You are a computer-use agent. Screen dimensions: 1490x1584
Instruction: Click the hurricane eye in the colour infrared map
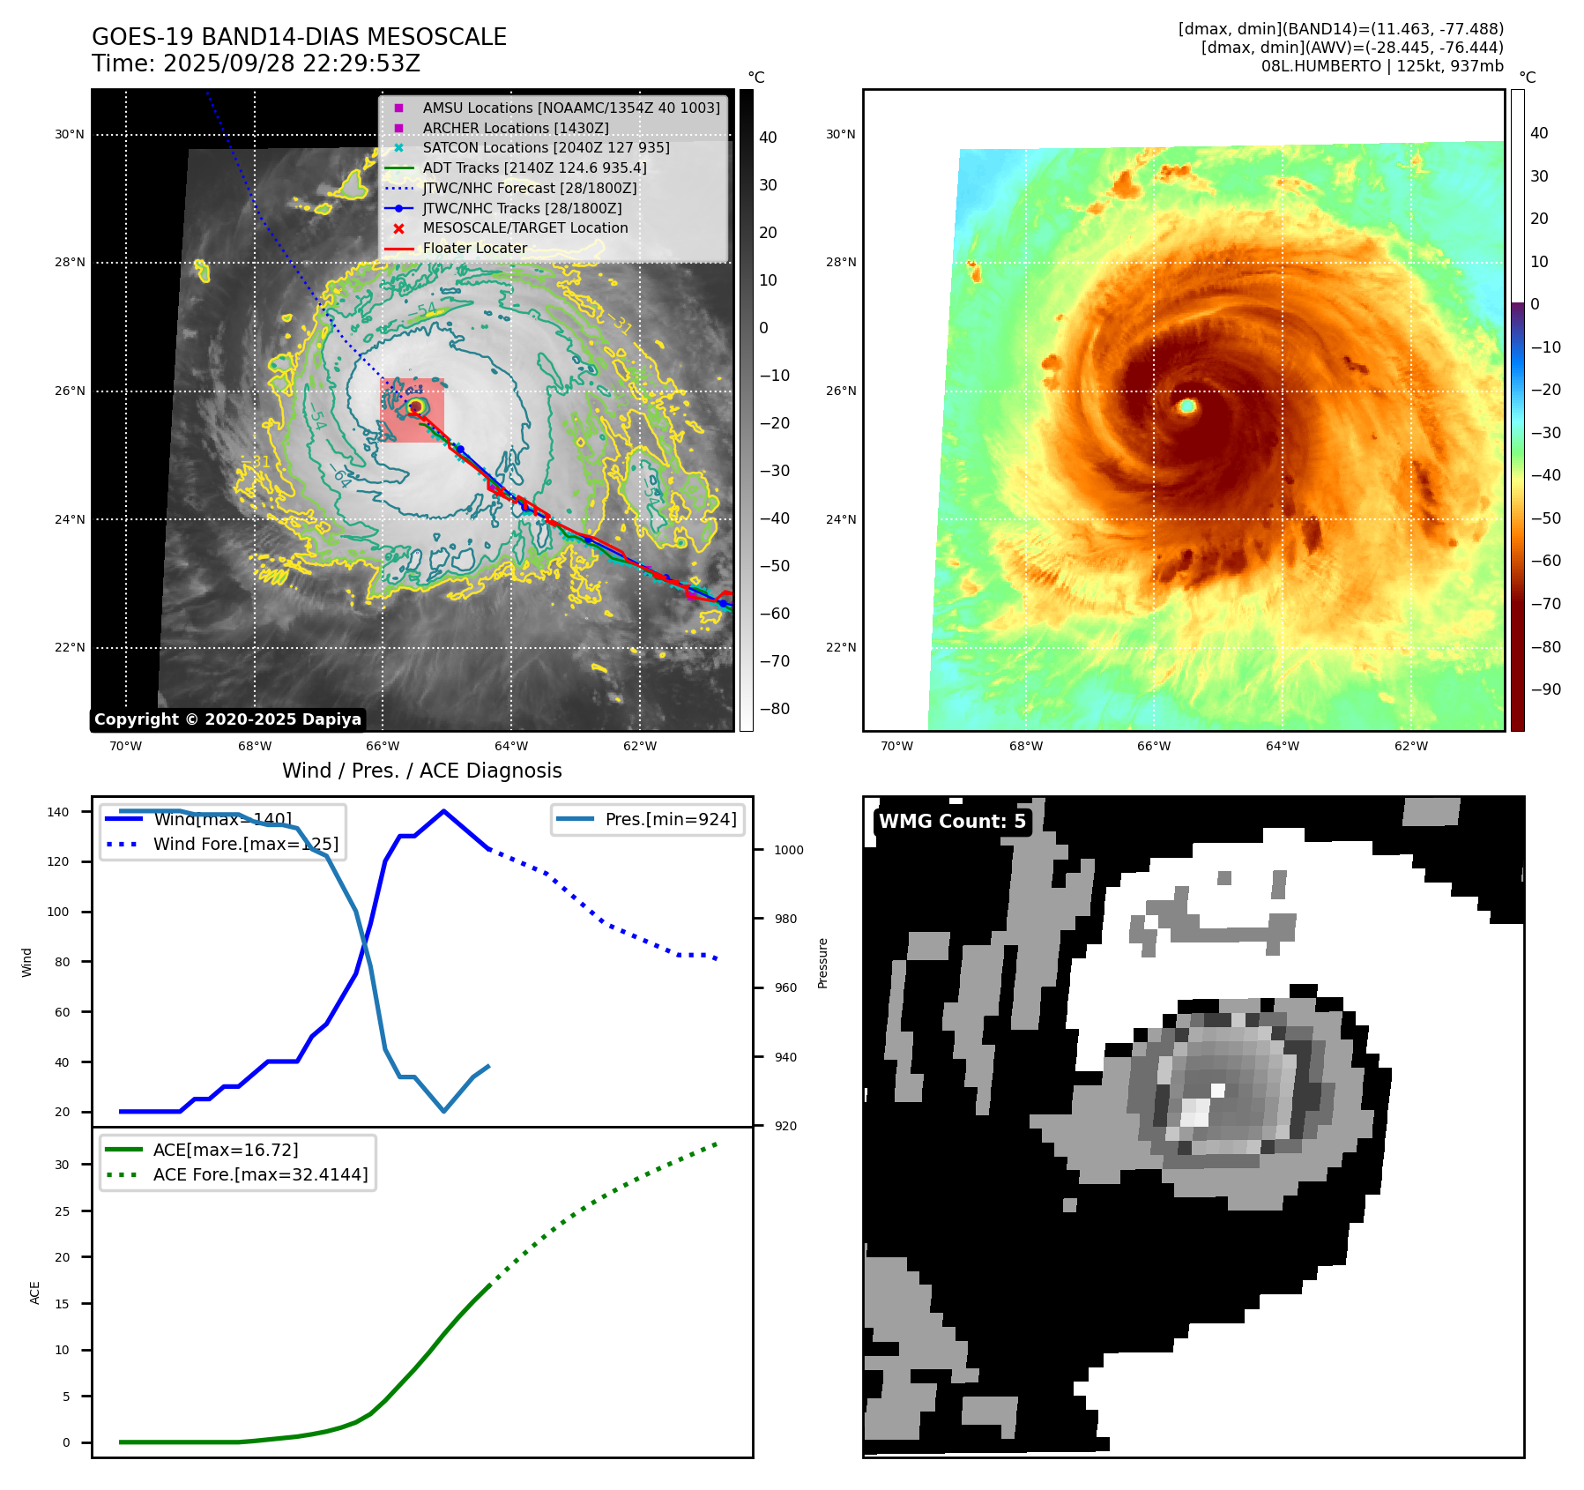pos(1186,406)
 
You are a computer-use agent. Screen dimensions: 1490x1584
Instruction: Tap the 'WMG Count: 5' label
pos(952,822)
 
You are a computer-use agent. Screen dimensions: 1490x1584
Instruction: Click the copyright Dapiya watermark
pos(227,719)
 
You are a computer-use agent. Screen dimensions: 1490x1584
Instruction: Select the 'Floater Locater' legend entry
pos(474,249)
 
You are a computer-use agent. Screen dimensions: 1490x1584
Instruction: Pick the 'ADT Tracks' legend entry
pos(534,168)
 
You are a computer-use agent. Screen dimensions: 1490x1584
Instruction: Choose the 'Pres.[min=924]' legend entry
pos(670,820)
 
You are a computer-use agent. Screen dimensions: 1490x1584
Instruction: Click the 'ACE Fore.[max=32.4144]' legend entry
pos(260,1174)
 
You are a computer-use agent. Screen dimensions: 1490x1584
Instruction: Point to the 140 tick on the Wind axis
pos(58,812)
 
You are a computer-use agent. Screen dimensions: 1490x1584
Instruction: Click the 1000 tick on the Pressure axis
pos(788,850)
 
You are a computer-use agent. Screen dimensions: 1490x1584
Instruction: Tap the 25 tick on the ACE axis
pos(62,1211)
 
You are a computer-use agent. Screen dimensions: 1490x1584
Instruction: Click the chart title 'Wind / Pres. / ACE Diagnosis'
pos(421,771)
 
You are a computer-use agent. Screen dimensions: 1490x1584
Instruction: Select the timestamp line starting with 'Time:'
pos(256,63)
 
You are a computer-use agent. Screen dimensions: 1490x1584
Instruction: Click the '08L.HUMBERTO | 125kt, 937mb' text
pos(1381,66)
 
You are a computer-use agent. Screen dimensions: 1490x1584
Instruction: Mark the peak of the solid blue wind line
pos(443,811)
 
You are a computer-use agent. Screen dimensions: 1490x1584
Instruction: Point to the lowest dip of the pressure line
pos(443,1111)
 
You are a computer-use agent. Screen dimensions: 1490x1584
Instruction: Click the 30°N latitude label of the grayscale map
pos(70,135)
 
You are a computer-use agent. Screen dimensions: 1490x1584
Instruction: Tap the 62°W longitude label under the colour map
pos(1410,746)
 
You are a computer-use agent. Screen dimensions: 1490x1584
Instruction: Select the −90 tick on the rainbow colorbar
pos(1545,689)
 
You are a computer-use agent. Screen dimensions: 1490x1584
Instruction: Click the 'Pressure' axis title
pos(822,963)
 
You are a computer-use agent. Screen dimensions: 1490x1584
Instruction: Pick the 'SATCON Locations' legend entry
pos(546,148)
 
